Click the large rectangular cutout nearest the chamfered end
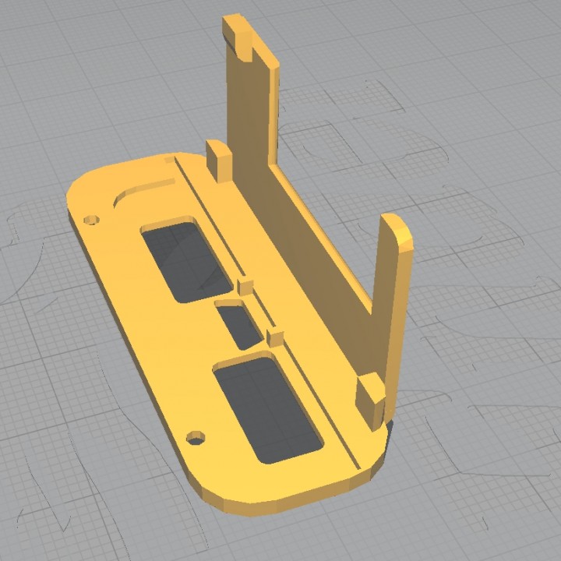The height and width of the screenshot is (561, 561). pyautogui.click(x=266, y=408)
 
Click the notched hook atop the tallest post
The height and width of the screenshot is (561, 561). pyautogui.click(x=238, y=33)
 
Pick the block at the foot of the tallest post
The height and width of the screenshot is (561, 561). pyautogui.click(x=219, y=159)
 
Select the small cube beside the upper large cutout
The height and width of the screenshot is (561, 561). pyautogui.click(x=245, y=284)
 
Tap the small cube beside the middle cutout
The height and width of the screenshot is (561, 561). pyautogui.click(x=274, y=337)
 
